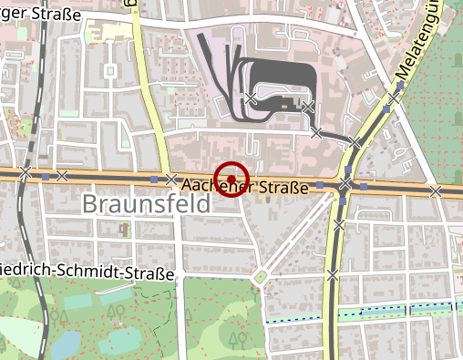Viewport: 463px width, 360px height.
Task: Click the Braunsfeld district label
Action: point(146,204)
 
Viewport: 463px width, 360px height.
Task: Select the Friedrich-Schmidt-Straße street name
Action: point(87,271)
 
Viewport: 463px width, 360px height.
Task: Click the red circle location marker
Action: point(231,178)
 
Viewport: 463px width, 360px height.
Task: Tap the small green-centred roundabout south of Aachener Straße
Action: point(262,276)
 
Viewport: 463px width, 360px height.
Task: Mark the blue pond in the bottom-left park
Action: point(66,345)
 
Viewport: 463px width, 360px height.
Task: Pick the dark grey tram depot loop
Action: point(273,82)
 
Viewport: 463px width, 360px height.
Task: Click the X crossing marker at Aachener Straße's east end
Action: point(437,190)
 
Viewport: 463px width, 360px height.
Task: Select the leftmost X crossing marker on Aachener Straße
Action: point(26,172)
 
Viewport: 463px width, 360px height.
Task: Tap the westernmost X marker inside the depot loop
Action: point(251,98)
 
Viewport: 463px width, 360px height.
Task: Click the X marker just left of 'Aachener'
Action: point(170,179)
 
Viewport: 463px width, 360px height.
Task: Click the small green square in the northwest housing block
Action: point(110,70)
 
